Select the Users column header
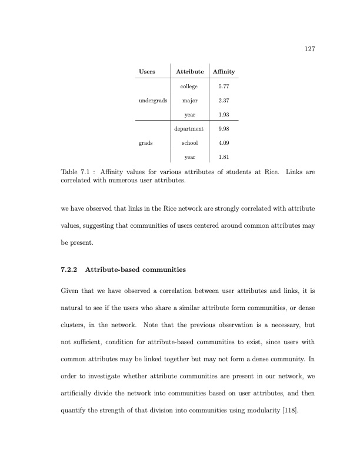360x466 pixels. tap(147, 72)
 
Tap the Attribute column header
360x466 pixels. tap(189, 72)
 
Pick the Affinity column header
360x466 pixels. tap(224, 72)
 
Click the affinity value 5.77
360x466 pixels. tap(224, 86)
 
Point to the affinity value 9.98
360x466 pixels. tap(224, 128)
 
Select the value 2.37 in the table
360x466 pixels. tap(224, 100)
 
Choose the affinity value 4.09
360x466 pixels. tap(224, 142)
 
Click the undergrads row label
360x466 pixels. tap(152, 101)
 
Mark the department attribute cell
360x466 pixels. tap(189, 128)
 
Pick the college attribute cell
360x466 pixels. tap(189, 86)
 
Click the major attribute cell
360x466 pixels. tap(189, 100)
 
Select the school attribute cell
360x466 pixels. tap(189, 142)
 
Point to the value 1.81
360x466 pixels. tap(224, 157)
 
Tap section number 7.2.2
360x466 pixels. tap(71, 270)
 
